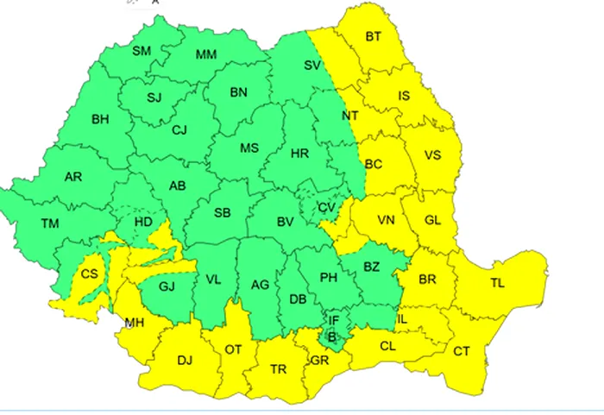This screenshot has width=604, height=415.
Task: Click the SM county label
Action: click(x=142, y=52)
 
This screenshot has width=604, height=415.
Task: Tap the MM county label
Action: click(x=206, y=55)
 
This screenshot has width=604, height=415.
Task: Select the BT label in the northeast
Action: click(x=374, y=36)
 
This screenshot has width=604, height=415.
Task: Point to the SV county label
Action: click(x=312, y=65)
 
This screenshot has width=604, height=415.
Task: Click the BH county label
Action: click(x=101, y=119)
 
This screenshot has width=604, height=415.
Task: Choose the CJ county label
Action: click(x=179, y=131)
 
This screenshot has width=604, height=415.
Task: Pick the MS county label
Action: click(x=249, y=148)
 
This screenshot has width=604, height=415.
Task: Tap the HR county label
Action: click(x=300, y=154)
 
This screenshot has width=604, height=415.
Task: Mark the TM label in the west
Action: click(x=50, y=224)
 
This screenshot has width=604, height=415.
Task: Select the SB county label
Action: click(x=223, y=213)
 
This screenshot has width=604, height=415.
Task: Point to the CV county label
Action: click(x=325, y=208)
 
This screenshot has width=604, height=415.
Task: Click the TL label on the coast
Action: click(x=499, y=283)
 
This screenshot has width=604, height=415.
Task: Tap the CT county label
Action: click(x=462, y=351)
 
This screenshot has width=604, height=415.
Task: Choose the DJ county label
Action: click(x=184, y=360)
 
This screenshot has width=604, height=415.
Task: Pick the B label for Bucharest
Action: click(x=331, y=336)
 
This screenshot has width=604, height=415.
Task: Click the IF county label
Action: click(x=334, y=320)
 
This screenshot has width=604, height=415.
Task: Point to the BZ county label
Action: click(x=371, y=267)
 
